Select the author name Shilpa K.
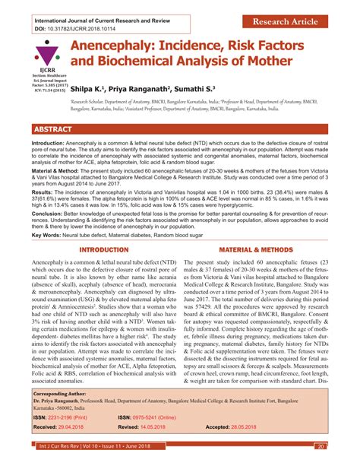click(x=90, y=90)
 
